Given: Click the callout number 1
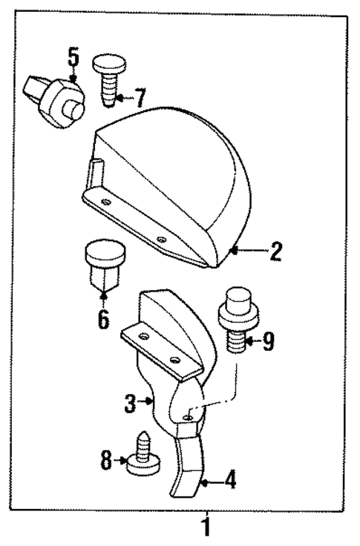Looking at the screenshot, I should [x=205, y=529].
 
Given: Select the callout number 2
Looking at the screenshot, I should [x=275, y=251].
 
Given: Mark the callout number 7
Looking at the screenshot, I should [x=140, y=96].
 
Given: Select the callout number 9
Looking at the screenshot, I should [x=268, y=341].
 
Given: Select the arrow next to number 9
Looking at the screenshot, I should [x=249, y=341].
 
